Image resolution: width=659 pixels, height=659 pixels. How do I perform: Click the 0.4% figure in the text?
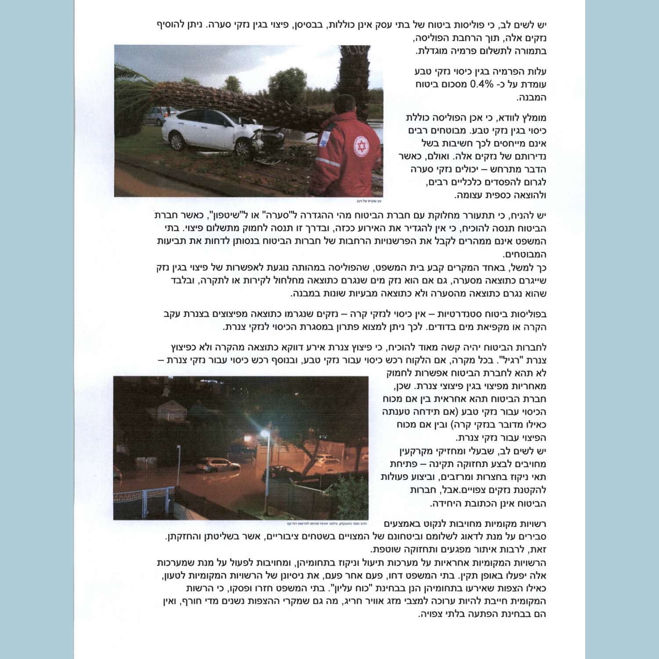coord(482,84)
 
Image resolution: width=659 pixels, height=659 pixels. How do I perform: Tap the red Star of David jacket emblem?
coord(362,146)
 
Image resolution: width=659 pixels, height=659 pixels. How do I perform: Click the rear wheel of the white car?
coord(177,141)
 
